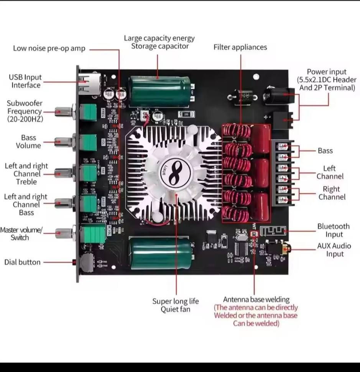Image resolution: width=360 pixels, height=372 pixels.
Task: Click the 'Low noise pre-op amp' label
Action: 49,49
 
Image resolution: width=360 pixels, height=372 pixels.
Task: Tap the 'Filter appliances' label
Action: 240,47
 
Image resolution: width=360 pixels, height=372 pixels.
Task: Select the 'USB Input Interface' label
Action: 26,81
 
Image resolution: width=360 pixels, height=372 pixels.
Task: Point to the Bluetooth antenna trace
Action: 273,231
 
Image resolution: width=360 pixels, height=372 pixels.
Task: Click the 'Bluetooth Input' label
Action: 333,231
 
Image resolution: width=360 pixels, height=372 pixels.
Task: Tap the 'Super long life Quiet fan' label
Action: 176,305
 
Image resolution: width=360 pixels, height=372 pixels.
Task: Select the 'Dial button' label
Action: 22,262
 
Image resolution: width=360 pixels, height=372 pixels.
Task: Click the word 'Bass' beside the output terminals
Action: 325,151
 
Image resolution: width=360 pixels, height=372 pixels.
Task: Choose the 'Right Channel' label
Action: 332,193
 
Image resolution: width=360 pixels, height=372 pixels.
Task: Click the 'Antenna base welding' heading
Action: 256,300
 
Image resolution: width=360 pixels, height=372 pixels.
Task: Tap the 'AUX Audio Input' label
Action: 334,250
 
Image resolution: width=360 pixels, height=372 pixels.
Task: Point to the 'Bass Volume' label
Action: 28,141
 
